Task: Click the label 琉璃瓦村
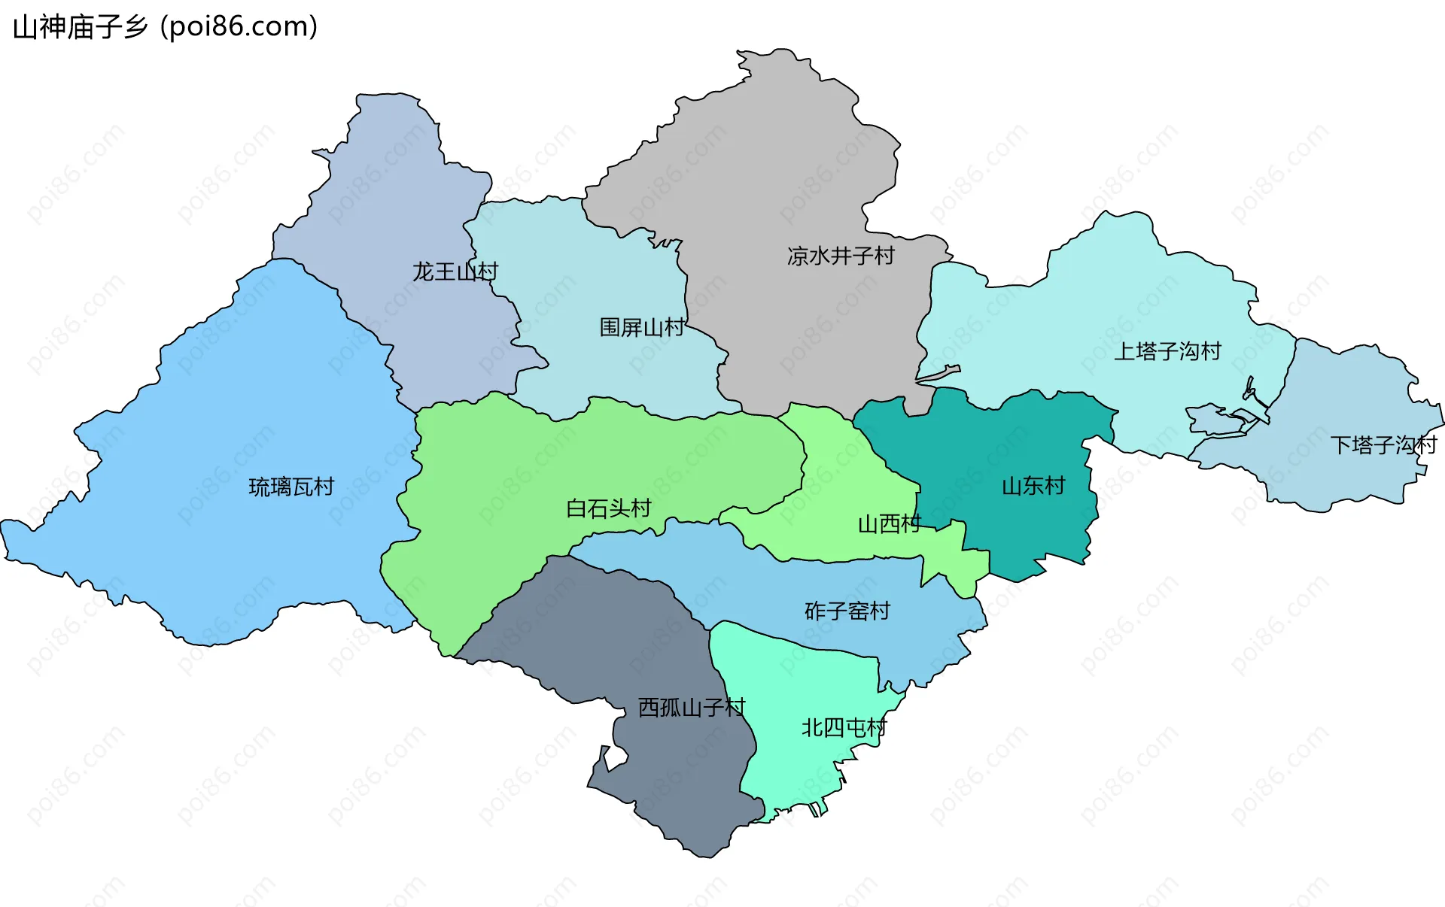pos(291,487)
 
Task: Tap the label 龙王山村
pos(455,271)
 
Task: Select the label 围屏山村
pos(641,327)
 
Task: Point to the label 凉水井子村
pos(841,256)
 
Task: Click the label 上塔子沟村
pos(1167,351)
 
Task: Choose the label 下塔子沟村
pos(1383,445)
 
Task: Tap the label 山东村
pos(1033,486)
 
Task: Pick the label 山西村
pos(889,523)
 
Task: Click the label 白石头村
pos(608,508)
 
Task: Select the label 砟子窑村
pos(847,611)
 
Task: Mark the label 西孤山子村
pos(691,708)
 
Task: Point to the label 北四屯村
pos(844,727)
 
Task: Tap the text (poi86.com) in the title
pos(239,27)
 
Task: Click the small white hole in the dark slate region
pos(614,759)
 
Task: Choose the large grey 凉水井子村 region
pos(783,173)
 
